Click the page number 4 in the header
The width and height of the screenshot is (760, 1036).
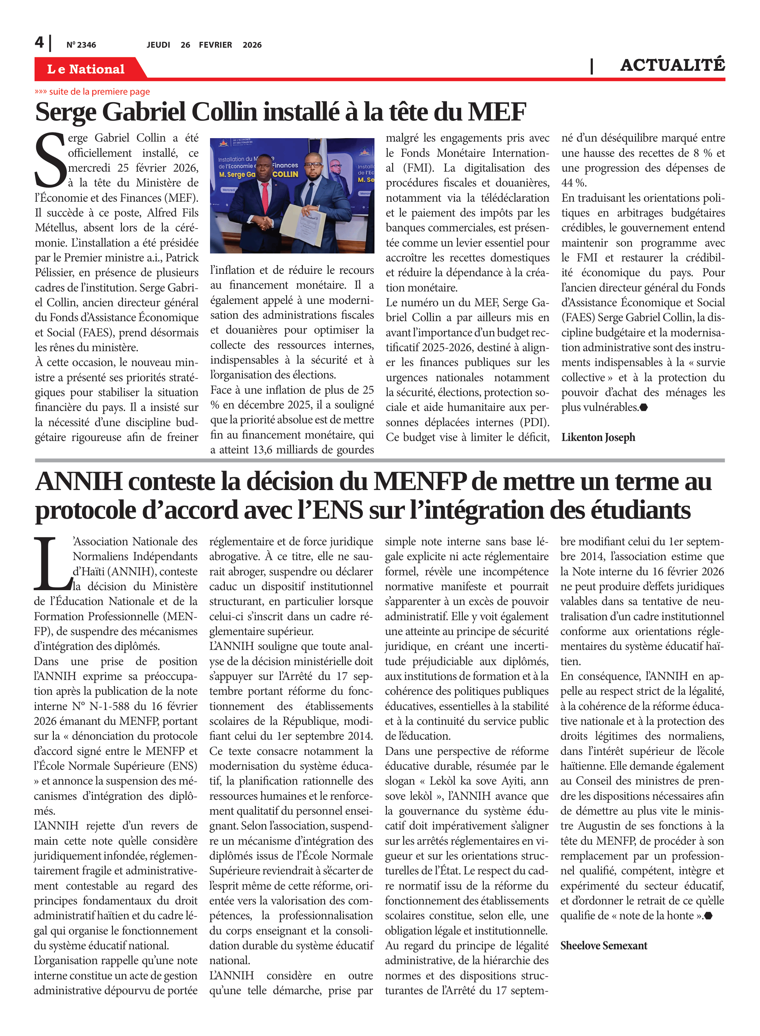[39, 43]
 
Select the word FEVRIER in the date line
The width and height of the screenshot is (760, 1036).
[215, 45]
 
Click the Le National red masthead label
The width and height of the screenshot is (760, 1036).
[86, 69]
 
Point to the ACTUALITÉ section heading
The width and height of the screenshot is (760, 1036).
[672, 65]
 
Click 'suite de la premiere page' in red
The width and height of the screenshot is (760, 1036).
[99, 92]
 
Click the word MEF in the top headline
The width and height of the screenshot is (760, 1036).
[497, 112]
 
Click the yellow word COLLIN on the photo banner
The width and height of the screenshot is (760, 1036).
[285, 174]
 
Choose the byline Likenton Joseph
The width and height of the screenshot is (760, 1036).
[598, 437]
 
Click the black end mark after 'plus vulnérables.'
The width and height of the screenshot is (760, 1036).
[644, 407]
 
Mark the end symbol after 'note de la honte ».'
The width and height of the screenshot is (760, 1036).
[709, 915]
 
